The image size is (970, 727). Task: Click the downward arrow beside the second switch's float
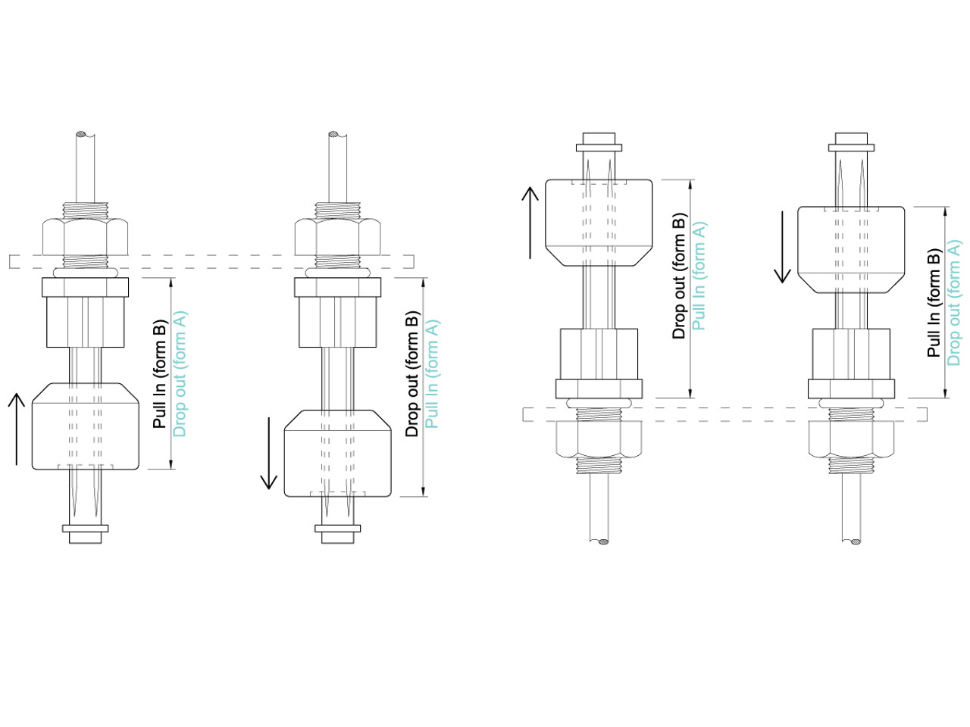(x=269, y=453)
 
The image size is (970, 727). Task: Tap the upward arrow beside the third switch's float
(x=530, y=223)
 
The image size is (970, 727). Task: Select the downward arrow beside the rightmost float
(x=783, y=247)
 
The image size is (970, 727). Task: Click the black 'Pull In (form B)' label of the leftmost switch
(x=159, y=374)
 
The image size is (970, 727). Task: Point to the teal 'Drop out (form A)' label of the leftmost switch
(x=180, y=374)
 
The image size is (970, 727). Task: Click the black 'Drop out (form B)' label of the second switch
(x=411, y=374)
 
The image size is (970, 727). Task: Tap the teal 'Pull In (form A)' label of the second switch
(x=432, y=374)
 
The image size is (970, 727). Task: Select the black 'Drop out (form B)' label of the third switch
(x=679, y=276)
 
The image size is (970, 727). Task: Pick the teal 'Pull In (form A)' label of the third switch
(x=699, y=276)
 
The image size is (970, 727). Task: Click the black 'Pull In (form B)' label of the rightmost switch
(x=934, y=303)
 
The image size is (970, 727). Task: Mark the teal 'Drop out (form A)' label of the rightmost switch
(x=954, y=303)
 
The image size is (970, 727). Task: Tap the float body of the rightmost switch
(x=851, y=250)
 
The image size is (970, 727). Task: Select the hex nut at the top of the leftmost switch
(x=85, y=236)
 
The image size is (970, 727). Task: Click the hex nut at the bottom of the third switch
(x=599, y=439)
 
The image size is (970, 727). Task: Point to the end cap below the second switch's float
(x=338, y=533)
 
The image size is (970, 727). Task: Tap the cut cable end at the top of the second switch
(x=334, y=136)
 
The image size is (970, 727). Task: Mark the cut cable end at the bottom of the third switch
(x=602, y=542)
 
